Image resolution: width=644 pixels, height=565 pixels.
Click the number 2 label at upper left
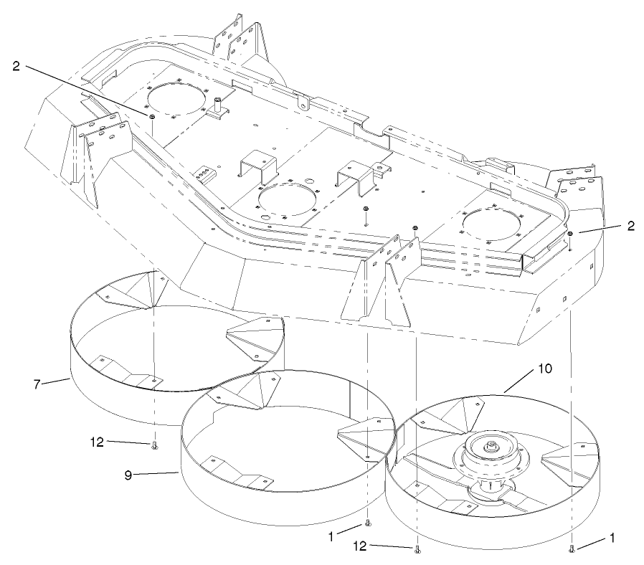[16, 67]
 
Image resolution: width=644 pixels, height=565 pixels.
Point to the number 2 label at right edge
[630, 225]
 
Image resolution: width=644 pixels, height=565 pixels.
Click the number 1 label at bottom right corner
[612, 536]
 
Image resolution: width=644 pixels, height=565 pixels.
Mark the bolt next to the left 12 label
[155, 446]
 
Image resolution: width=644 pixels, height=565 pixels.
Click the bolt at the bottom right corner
[572, 549]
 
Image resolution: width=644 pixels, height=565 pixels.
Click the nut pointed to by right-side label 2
[569, 234]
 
